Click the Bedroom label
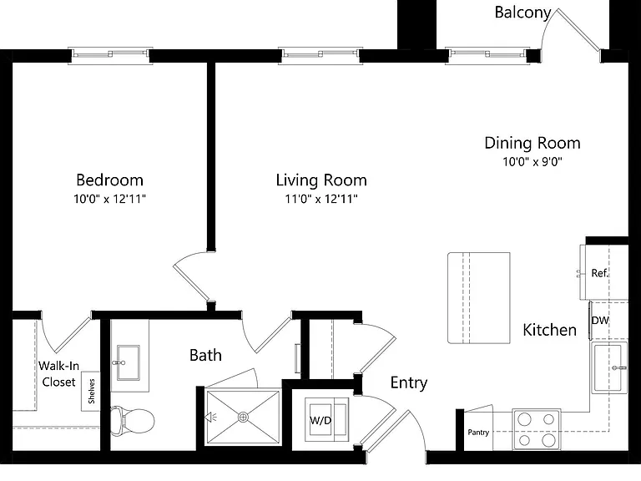(109, 180)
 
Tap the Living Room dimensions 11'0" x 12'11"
(321, 200)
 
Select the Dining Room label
(532, 143)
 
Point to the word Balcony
(522, 13)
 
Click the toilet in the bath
(132, 420)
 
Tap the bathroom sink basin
(128, 362)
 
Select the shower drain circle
(243, 418)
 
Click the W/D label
(320, 420)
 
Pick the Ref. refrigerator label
(600, 273)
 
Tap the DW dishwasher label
(600, 321)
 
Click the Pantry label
(478, 432)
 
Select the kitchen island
(479, 298)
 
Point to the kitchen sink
(609, 367)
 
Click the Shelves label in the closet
(91, 391)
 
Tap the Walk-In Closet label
(59, 374)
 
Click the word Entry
(409, 382)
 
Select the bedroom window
(110, 56)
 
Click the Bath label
(205, 355)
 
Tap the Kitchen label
(550, 330)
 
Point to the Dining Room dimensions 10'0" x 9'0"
(532, 161)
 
